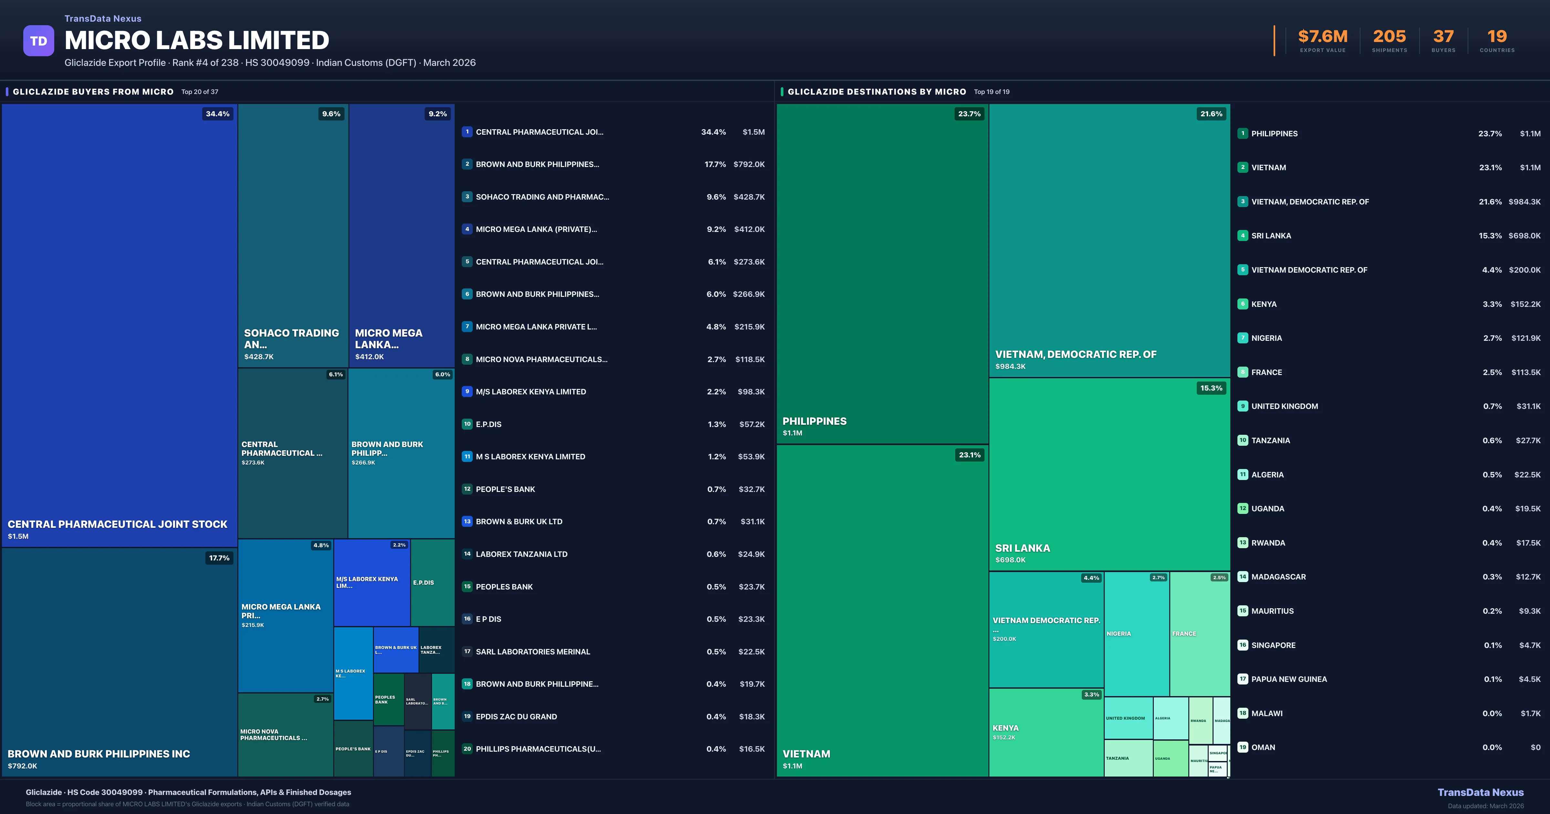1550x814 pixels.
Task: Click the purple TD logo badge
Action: coord(38,41)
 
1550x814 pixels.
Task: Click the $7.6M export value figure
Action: coord(1323,37)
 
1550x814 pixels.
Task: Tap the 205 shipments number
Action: coord(1389,37)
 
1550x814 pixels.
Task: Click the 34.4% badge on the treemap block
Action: coord(217,114)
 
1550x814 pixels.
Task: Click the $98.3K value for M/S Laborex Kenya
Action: coord(751,392)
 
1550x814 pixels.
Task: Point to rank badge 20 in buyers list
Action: coord(467,749)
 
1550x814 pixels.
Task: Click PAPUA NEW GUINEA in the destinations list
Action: coord(1289,679)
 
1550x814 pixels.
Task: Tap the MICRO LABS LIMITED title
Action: coord(197,40)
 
